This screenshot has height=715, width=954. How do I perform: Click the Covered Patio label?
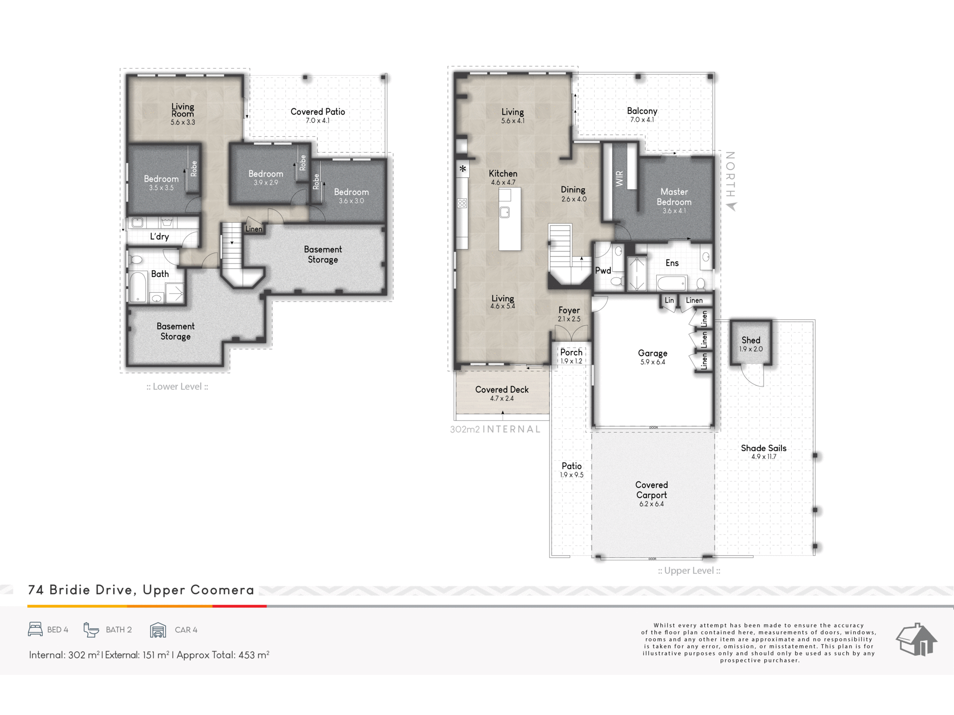318,112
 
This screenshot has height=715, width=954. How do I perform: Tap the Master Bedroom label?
674,196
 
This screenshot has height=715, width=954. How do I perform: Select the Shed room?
751,343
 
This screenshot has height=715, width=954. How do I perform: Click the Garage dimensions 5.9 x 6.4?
653,362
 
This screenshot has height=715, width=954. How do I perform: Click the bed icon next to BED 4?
35,629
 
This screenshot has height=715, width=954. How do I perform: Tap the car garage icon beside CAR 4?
158,630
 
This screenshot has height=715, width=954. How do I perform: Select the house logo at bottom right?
916,639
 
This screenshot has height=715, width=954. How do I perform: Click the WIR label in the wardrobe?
619,179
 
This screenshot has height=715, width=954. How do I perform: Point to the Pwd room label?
603,270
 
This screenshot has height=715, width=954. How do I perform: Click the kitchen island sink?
505,212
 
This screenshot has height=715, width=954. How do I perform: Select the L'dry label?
159,236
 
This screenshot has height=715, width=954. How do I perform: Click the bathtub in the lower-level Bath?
138,286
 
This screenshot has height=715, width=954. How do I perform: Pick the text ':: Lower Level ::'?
177,387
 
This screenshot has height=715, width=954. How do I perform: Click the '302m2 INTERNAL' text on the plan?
495,429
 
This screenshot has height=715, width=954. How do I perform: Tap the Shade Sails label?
764,448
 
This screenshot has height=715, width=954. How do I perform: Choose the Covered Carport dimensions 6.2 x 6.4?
652,504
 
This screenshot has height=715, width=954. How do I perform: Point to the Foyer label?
569,310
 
